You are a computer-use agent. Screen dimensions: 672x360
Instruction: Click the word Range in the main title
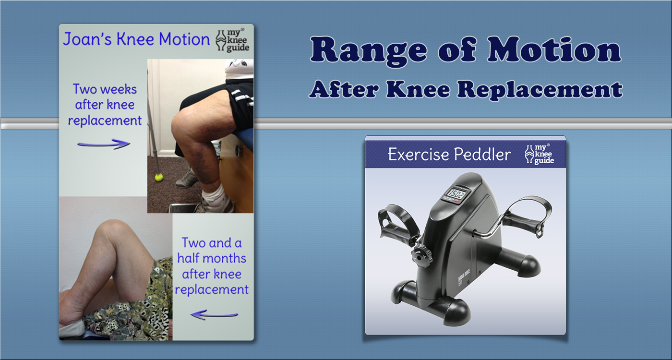click(369, 51)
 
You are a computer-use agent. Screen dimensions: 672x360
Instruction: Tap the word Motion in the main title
click(554, 49)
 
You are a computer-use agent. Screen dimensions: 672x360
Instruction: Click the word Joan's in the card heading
click(87, 39)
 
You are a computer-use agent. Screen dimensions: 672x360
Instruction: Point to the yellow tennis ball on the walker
click(159, 178)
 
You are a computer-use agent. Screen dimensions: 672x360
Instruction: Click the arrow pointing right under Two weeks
click(104, 144)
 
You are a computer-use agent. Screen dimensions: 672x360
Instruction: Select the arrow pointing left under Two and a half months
click(214, 315)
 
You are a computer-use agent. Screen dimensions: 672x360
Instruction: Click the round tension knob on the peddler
click(421, 257)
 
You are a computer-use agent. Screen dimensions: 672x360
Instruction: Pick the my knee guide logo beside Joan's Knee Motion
click(232, 40)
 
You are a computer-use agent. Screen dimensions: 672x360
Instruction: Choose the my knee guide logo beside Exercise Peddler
click(539, 154)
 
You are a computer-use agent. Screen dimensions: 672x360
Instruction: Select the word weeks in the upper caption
click(119, 89)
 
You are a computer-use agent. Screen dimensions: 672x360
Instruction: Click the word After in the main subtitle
click(344, 90)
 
